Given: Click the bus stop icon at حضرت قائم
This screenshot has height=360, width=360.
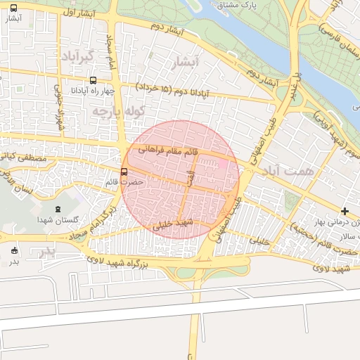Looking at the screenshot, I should click(124, 172).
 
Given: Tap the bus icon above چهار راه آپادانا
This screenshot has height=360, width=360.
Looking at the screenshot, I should click(94, 80).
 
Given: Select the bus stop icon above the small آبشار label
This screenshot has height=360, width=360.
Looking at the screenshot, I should click(14, 8).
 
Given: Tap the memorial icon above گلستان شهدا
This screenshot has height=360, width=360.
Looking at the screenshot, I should click(58, 209).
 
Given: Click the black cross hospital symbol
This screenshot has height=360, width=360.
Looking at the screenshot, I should click(345, 211).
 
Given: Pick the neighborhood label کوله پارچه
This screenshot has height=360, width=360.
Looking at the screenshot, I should click(117, 111).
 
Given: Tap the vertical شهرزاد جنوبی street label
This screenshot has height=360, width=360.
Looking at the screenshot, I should click(59, 106).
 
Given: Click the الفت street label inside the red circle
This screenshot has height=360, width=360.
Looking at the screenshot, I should click(188, 179).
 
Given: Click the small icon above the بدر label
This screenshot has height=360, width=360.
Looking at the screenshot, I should click(14, 250).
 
